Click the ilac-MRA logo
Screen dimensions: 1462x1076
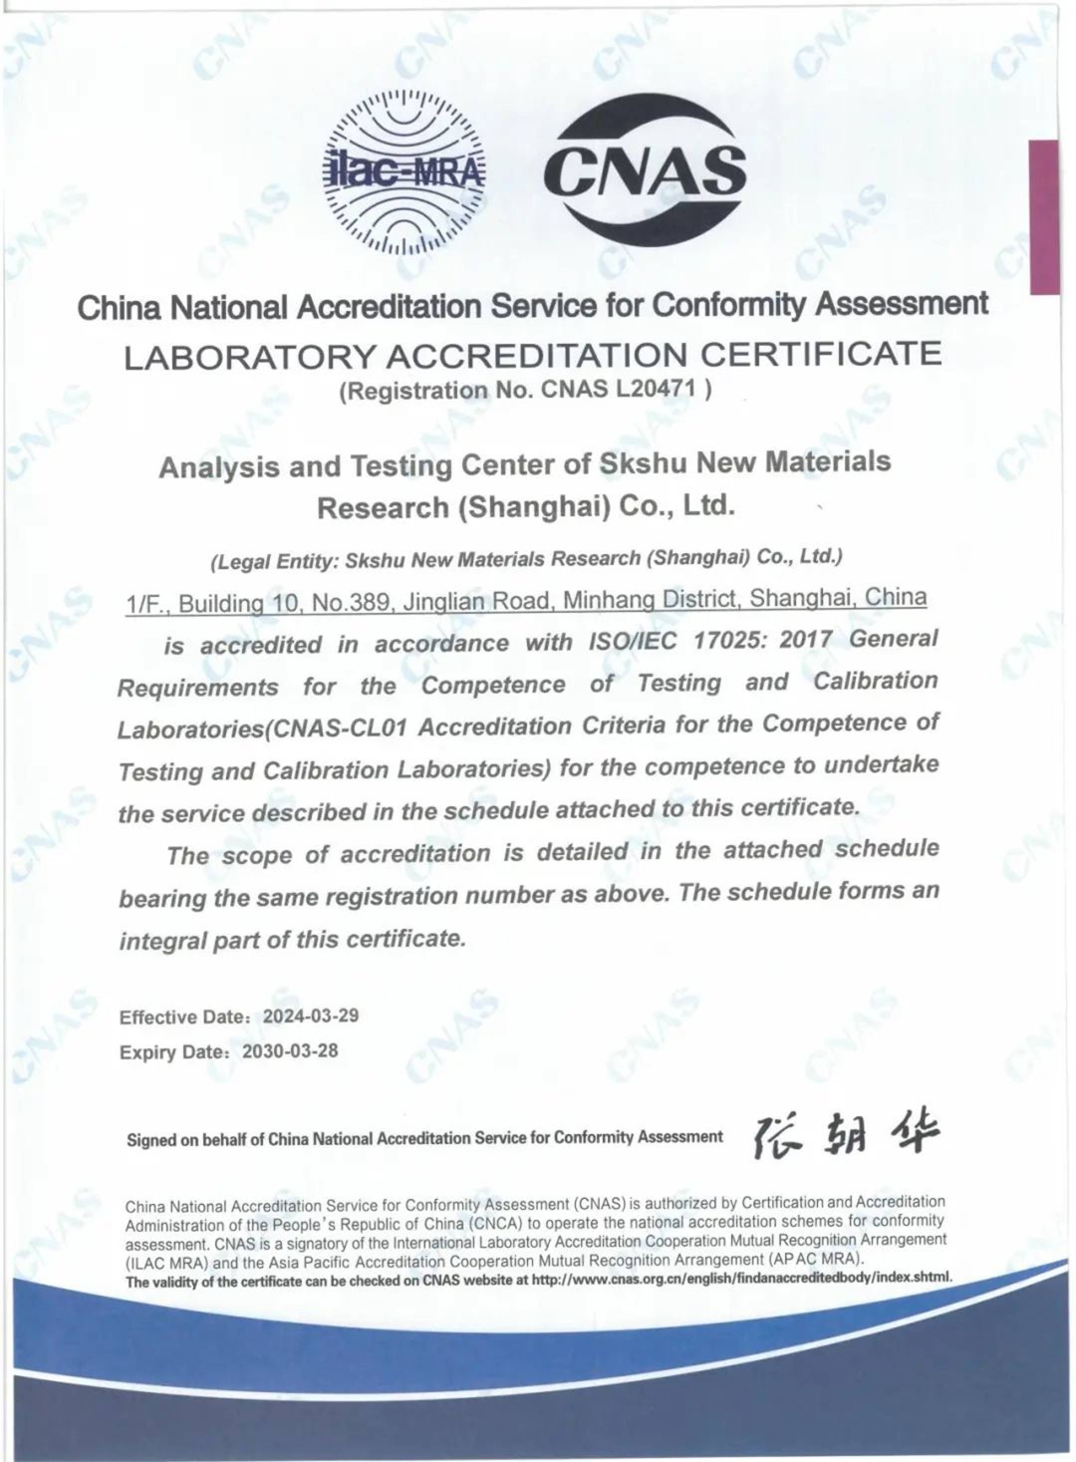click(404, 171)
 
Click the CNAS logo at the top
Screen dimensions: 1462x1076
click(645, 170)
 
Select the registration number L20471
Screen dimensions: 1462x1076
click(656, 389)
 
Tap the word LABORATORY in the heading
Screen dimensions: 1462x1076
click(250, 357)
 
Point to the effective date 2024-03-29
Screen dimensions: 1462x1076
click(310, 1016)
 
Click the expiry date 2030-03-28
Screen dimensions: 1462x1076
click(290, 1050)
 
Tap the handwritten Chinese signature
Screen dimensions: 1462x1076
click(846, 1134)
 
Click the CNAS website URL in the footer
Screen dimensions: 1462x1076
click(741, 1278)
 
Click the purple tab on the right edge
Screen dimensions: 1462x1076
click(1043, 217)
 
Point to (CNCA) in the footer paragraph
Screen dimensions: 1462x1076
click(495, 1223)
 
